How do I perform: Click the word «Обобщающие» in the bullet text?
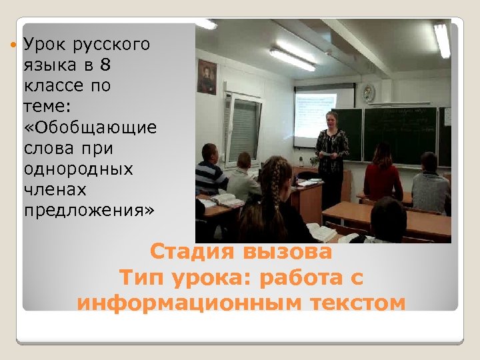point(90,128)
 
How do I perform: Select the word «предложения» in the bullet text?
point(89,211)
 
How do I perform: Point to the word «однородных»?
point(78,169)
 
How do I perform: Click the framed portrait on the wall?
point(207,77)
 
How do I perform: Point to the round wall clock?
point(369,92)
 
